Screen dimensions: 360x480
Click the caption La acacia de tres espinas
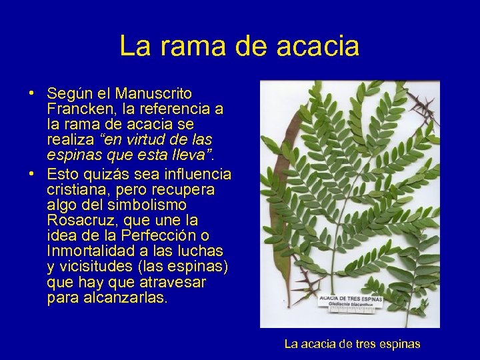352,345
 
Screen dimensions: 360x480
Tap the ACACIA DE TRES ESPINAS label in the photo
351,299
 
